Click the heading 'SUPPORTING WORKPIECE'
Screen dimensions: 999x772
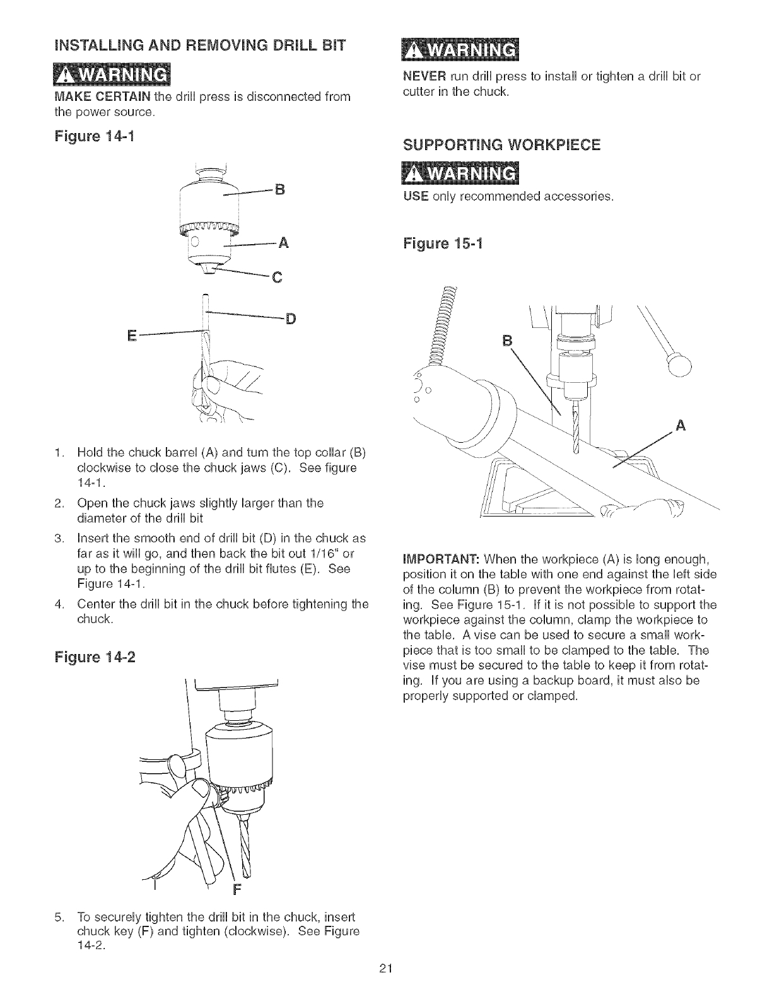[x=501, y=146]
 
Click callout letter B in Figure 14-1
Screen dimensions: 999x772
[x=282, y=189]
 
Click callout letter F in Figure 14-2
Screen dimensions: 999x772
[x=237, y=891]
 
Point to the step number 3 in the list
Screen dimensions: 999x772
[x=57, y=538]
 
